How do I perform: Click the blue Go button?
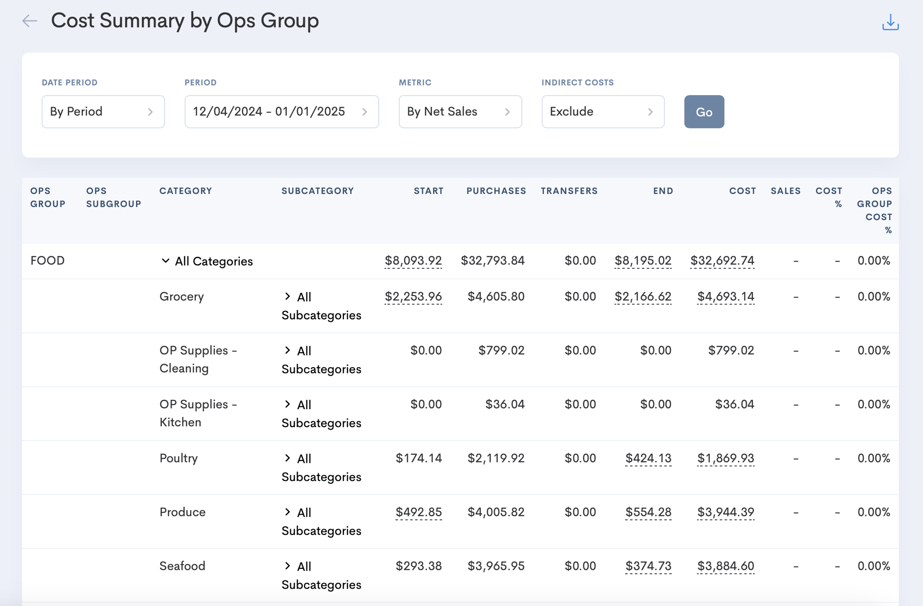[x=704, y=112]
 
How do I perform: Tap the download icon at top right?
[x=890, y=22]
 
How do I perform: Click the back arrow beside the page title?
[x=30, y=21]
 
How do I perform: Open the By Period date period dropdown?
[x=103, y=112]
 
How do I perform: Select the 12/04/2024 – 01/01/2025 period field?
[x=282, y=112]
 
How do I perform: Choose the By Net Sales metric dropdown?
[x=460, y=112]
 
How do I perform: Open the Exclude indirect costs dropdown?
[x=603, y=112]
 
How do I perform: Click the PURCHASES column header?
[x=496, y=191]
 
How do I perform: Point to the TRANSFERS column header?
[x=569, y=191]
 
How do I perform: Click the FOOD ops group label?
[x=47, y=261]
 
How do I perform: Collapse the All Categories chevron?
[x=165, y=261]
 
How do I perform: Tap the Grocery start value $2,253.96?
[x=413, y=297]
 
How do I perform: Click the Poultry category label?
[x=178, y=458]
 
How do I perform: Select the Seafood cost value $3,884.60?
[x=726, y=566]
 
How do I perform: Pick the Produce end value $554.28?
[x=648, y=512]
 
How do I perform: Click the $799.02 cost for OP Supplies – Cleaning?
[x=731, y=351]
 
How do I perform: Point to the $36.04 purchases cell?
[x=505, y=404]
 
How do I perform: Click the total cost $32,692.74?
[x=722, y=261]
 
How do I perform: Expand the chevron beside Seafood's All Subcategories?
[x=288, y=566]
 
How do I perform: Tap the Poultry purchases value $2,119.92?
[x=496, y=458]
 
